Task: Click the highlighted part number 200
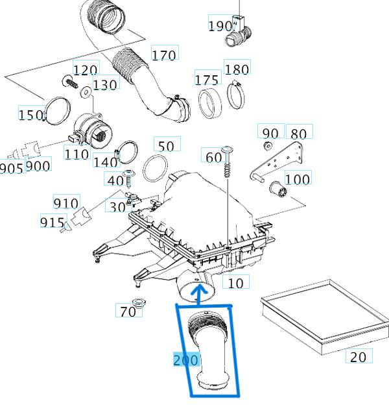pos(185,359)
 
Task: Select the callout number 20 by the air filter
pos(358,356)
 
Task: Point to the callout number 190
pos(220,25)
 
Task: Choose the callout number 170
pos(163,55)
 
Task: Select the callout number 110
pos(76,154)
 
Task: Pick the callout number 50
pos(167,145)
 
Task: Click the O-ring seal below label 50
pos(154,169)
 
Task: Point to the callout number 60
pos(213,156)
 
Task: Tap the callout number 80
pos(298,134)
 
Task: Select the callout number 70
pos(128,311)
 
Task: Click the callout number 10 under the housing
pos(237,282)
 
